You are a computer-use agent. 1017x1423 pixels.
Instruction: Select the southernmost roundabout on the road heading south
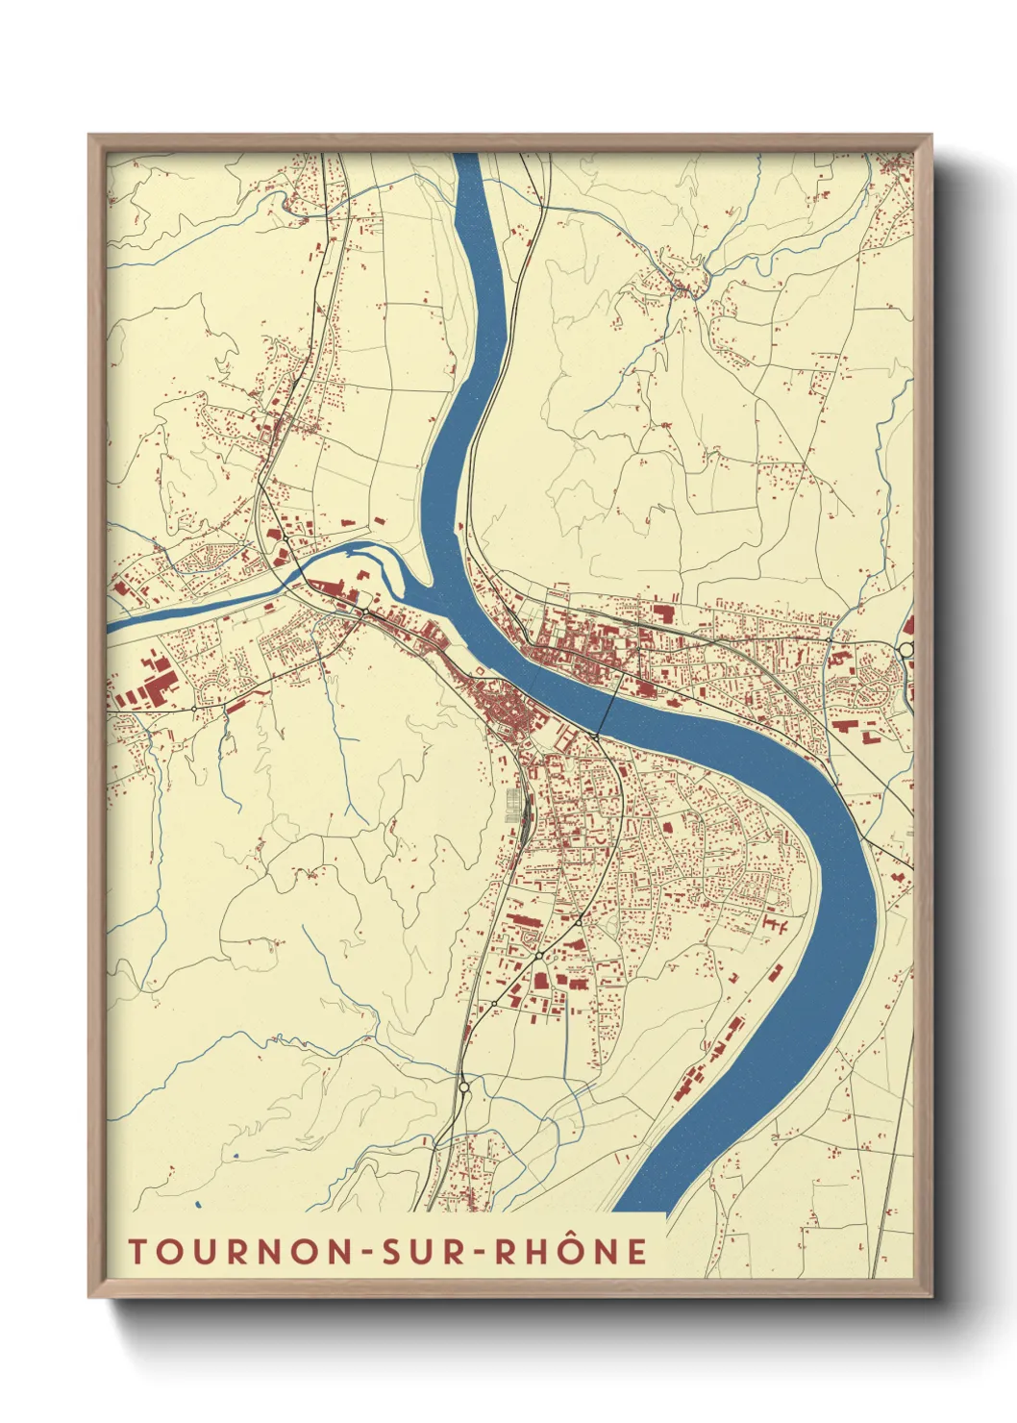[463, 1087]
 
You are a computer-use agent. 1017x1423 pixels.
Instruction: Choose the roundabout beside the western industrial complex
[194, 709]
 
